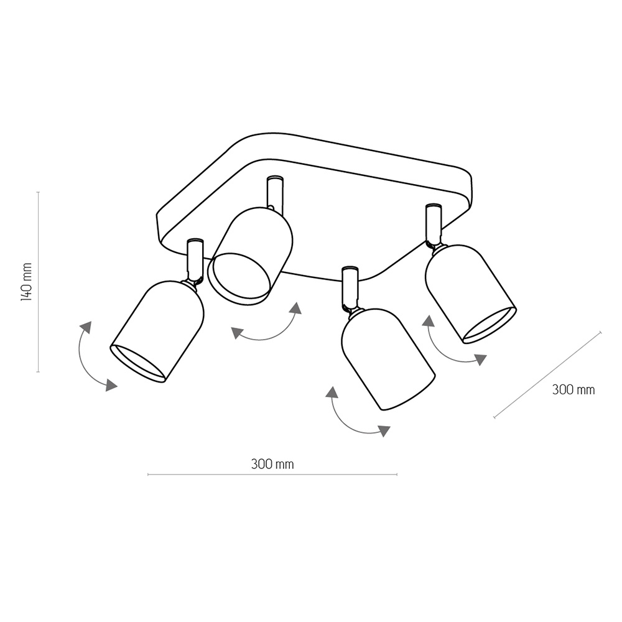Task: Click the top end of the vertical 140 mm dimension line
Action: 38,192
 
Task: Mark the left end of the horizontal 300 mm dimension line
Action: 148,474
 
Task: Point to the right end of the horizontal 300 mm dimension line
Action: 397,474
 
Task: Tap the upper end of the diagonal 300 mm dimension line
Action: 601,332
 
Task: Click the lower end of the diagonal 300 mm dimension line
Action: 494,417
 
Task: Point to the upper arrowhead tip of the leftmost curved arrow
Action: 90,322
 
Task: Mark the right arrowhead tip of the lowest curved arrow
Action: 390,427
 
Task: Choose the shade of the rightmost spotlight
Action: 470,294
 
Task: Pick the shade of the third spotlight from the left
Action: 388,359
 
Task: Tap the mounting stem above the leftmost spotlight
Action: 195,261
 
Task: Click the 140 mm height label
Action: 26,281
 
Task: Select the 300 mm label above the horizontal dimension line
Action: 272,464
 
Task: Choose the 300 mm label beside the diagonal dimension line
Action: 573,389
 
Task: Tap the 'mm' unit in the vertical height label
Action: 27,270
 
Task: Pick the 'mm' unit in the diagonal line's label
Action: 585,391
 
